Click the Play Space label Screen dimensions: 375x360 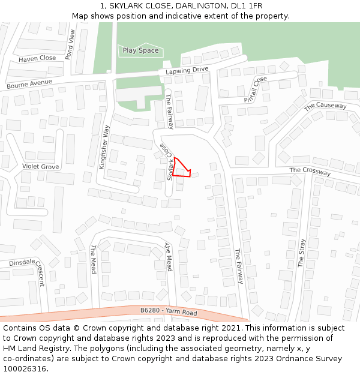pos(140,50)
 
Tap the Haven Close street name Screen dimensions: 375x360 pos(37,59)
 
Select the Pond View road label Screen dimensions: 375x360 pos(70,44)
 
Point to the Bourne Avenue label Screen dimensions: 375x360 pos(29,83)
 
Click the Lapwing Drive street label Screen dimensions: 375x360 pos(187,71)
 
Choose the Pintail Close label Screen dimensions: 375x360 pos(256,89)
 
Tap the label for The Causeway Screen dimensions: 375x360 pos(325,106)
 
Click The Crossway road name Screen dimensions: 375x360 pos(310,172)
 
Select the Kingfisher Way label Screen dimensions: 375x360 pos(103,147)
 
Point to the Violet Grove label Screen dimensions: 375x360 pos(41,166)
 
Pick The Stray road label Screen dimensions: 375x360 pos(302,253)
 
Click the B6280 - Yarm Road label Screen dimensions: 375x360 pos(169,312)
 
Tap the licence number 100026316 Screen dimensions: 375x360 pos(24,369)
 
